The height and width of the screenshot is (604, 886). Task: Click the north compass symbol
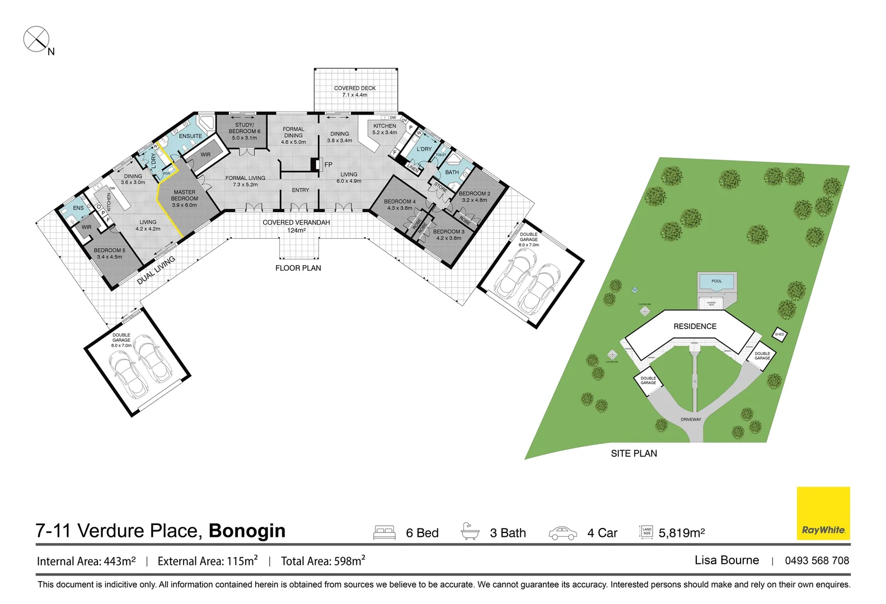click(36, 40)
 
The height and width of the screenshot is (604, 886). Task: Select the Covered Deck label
click(355, 92)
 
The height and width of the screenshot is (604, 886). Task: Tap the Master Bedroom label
click(184, 199)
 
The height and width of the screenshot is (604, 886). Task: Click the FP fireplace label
click(329, 165)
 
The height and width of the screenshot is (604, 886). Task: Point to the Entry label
click(301, 190)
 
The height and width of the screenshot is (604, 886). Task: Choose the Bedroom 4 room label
click(400, 205)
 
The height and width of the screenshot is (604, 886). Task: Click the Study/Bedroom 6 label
click(244, 131)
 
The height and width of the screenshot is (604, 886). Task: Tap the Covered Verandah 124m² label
click(296, 226)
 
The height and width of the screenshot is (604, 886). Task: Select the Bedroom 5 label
click(110, 253)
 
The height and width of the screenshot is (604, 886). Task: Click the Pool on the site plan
click(716, 282)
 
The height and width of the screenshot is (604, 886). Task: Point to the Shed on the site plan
click(780, 334)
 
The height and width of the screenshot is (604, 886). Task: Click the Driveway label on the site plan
click(691, 419)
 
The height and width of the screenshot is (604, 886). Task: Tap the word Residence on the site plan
click(695, 327)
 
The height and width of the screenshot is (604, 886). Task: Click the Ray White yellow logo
click(823, 513)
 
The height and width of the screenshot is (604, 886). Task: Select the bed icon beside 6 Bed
click(385, 532)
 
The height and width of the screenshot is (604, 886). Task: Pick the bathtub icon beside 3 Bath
click(470, 531)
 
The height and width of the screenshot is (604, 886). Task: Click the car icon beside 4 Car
click(562, 533)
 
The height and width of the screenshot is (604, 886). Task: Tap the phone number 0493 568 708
click(817, 560)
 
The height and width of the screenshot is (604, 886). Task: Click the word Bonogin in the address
click(247, 531)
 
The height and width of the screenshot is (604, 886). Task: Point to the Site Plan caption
click(634, 454)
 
